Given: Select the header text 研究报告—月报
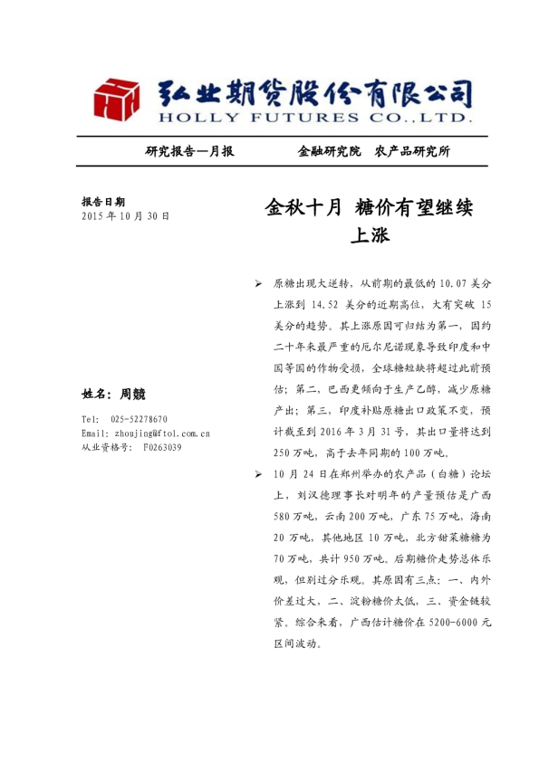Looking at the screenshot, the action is pyautogui.click(x=189, y=151).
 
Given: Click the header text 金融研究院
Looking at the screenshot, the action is pyautogui.click(x=329, y=151).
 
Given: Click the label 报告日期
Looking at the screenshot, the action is pyautogui.click(x=103, y=202).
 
